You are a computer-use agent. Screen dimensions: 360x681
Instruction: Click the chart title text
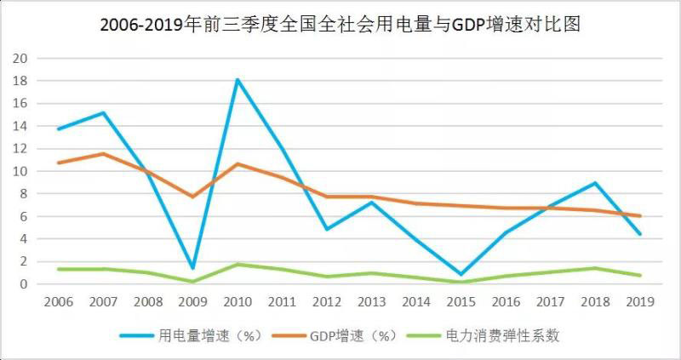coord(340,26)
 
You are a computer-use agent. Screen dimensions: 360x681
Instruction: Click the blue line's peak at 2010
coord(237,79)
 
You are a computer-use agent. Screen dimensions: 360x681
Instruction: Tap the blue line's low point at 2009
coord(192,268)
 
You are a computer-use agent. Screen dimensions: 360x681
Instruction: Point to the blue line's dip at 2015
coord(461,274)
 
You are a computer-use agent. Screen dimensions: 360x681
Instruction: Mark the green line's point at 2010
coord(237,264)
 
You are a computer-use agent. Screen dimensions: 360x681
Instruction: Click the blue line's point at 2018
coord(596,183)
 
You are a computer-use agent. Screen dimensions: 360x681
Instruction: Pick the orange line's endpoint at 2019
coord(640,215)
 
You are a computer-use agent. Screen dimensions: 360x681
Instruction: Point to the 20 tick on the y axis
coord(20,58)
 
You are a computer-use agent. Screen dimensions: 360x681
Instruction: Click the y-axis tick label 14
coord(20,126)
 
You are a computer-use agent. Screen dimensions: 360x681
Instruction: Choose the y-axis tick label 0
coord(24,283)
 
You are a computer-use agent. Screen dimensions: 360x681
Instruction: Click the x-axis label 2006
coord(57,302)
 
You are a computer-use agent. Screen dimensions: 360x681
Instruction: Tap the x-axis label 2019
coord(640,302)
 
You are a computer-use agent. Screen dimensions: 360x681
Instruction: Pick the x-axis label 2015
coord(461,302)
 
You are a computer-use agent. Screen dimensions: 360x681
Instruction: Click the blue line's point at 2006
coord(57,129)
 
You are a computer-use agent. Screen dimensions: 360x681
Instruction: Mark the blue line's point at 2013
coord(371,202)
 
